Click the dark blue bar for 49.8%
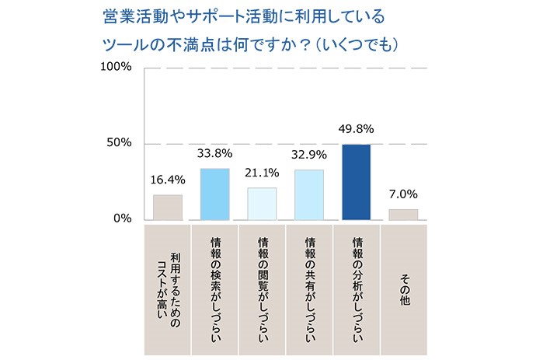[357, 182]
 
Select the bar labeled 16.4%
[167, 207]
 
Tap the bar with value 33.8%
[214, 194]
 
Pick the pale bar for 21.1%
[262, 203]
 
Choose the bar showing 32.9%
[309, 194]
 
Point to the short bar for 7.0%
[403, 214]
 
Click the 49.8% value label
[357, 130]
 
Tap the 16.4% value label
[167, 180]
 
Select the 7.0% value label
[404, 194]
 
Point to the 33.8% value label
[214, 154]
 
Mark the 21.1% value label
[262, 173]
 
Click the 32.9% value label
[309, 155]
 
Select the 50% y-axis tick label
[120, 143]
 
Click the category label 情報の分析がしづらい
[357, 288]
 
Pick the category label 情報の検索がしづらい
[214, 288]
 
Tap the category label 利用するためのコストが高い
[167, 288]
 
